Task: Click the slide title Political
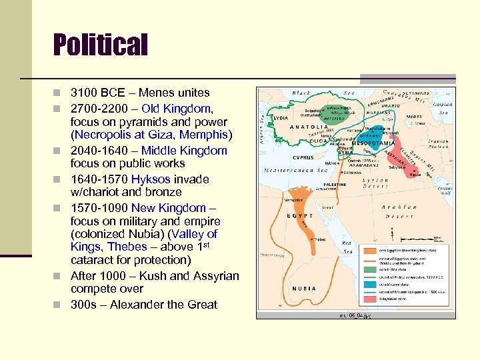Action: [x=100, y=45]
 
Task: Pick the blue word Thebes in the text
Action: [x=127, y=247]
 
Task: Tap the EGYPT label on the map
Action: [x=299, y=217]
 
